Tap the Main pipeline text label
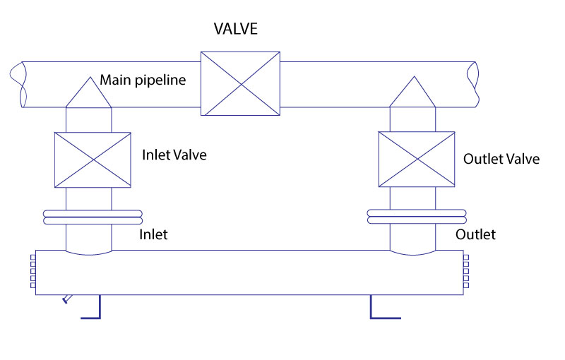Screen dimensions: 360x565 [143, 80]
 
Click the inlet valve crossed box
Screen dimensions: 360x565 [93, 160]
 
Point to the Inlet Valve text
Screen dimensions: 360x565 [174, 155]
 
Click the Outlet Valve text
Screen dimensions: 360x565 [501, 159]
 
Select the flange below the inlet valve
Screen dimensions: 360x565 [92, 217]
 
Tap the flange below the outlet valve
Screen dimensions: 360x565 [417, 217]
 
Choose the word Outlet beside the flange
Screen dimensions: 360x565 [475, 234]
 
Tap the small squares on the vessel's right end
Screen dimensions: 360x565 [466, 272]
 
